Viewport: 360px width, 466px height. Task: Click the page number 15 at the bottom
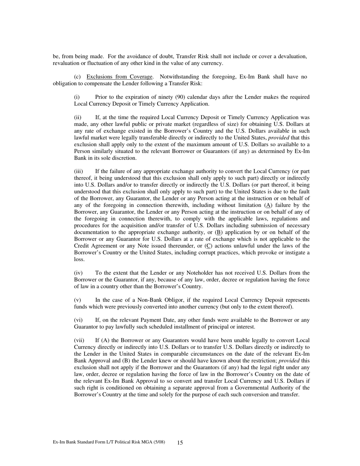180,443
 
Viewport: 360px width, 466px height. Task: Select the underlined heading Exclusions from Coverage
120,77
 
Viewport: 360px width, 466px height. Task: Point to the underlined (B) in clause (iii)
218,232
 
